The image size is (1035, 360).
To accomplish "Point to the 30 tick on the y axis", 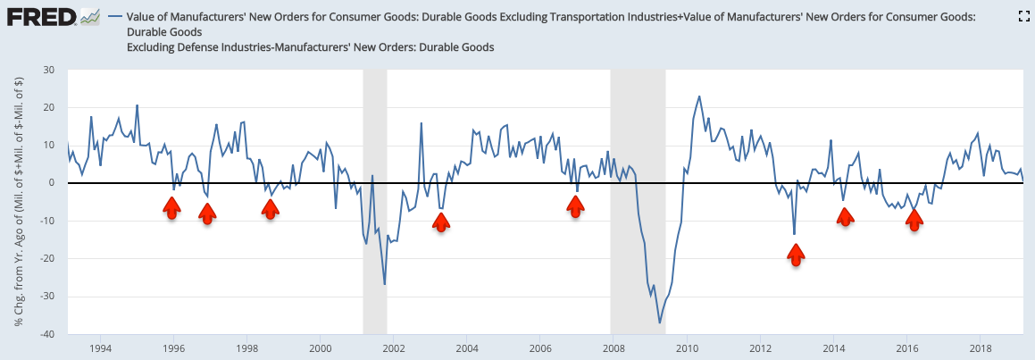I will (x=49, y=70).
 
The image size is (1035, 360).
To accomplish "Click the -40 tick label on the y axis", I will (x=46, y=334).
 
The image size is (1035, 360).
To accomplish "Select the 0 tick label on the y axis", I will (x=52, y=183).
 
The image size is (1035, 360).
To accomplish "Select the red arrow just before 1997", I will (x=207, y=213).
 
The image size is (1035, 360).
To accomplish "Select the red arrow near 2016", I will (x=914, y=221).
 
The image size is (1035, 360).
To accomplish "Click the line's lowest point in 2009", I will (x=659, y=322).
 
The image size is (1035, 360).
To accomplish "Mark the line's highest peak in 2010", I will (x=698, y=96).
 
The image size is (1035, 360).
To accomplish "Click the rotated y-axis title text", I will (x=20, y=202).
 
